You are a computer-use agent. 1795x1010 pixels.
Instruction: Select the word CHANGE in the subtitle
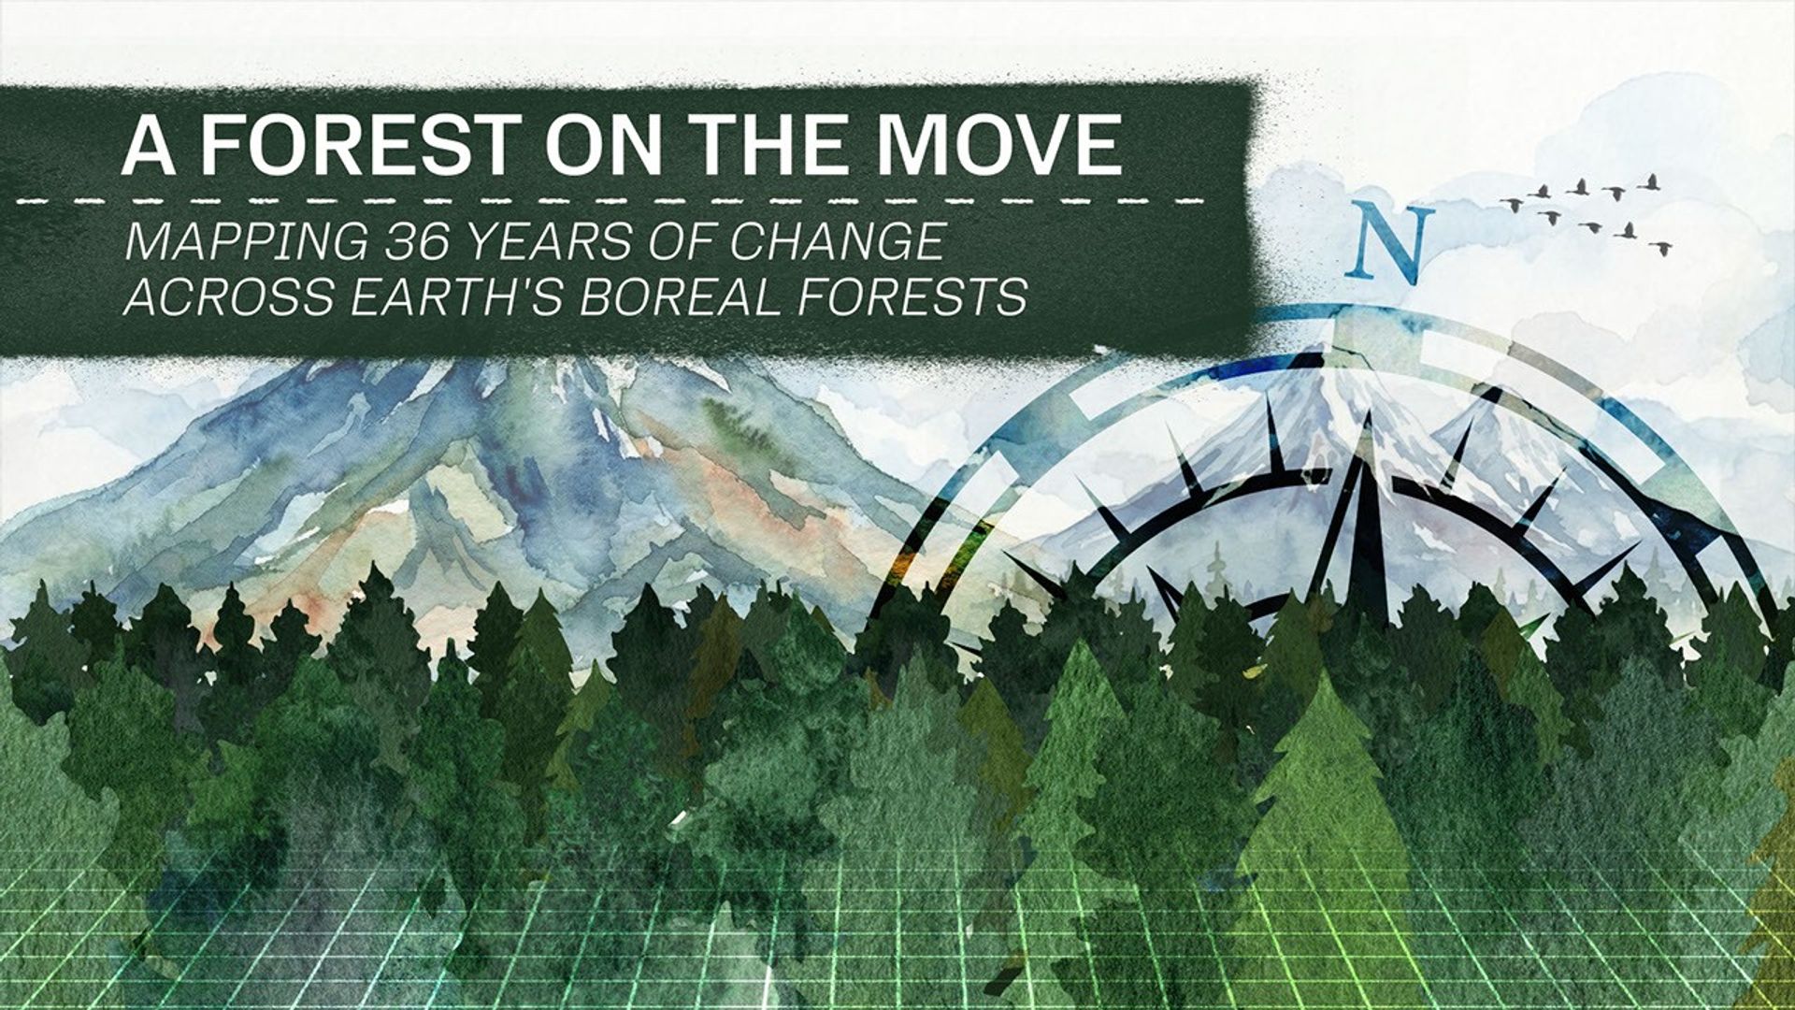click(x=837, y=242)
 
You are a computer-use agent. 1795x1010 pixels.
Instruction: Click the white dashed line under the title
click(x=608, y=200)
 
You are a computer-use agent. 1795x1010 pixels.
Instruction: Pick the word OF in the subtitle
click(x=689, y=242)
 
